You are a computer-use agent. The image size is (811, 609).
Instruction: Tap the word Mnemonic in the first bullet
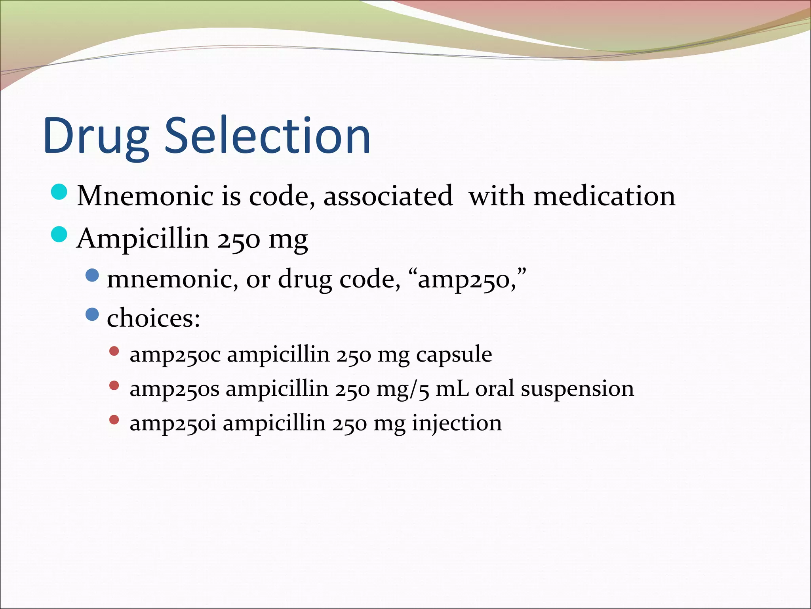(145, 196)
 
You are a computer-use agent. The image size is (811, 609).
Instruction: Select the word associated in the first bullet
(388, 196)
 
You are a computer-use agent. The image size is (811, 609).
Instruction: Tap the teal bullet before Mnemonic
(60, 192)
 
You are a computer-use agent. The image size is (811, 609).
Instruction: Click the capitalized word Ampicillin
(143, 239)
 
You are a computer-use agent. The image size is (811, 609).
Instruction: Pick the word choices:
(154, 318)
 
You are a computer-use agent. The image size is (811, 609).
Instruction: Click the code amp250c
(175, 354)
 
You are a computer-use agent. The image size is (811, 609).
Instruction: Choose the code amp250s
(174, 389)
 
